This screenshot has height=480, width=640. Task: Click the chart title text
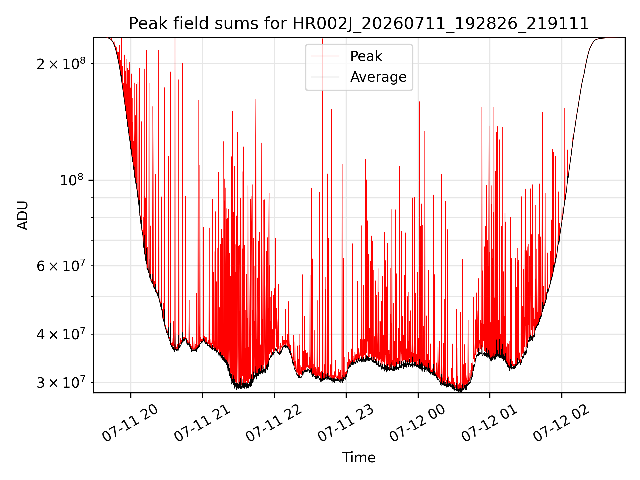tap(359, 24)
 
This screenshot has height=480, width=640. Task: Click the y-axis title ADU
tap(23, 215)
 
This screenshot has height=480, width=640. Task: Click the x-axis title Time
tap(359, 457)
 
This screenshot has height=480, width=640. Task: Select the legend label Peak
tap(366, 56)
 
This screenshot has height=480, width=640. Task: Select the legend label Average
tap(378, 77)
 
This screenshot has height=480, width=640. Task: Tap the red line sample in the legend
tap(325, 56)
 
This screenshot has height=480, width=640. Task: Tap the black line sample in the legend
tap(325, 77)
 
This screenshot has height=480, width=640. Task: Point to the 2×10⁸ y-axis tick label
tap(61, 63)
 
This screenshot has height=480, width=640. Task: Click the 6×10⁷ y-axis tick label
tap(61, 266)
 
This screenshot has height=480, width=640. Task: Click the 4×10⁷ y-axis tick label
tap(61, 334)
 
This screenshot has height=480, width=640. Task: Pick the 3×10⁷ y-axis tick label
tap(61, 382)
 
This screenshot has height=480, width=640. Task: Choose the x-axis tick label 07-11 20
tap(130, 423)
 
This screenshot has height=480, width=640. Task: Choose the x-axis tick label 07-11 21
tap(202, 423)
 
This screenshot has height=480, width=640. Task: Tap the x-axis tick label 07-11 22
tap(274, 423)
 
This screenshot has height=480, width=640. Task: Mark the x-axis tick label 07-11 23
tap(346, 423)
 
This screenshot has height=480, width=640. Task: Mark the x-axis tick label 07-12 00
tap(417, 423)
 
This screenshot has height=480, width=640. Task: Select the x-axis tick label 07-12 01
tap(489, 423)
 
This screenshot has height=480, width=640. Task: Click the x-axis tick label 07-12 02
tap(561, 423)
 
